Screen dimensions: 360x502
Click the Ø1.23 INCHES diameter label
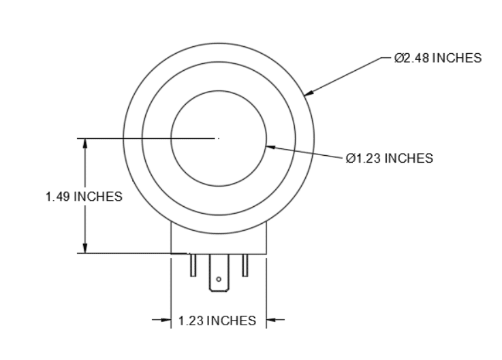(389, 159)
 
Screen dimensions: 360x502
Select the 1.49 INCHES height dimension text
(84, 197)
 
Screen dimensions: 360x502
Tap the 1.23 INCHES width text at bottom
(217, 321)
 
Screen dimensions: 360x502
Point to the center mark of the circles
(218, 138)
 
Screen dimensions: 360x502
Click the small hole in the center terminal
(218, 280)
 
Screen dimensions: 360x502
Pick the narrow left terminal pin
(193, 265)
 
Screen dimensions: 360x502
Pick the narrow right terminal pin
(245, 265)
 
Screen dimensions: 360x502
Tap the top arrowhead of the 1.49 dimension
(84, 143)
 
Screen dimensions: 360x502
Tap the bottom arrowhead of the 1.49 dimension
(84, 248)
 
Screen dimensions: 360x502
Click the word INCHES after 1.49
(98, 197)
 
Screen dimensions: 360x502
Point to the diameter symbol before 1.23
(349, 159)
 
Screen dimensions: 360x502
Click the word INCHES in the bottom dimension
(231, 321)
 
